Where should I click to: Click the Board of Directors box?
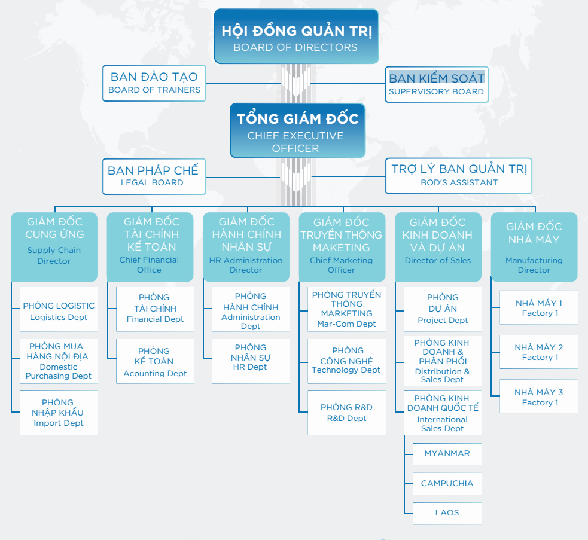296,36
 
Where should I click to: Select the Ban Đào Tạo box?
154,83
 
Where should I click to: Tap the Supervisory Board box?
437,84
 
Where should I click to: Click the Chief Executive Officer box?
297,130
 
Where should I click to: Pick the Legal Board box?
154,176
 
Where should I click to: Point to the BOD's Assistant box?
459,176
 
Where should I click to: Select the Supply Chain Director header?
54,247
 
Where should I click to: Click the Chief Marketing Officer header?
342,247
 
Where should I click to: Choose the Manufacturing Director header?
534,247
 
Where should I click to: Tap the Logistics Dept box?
59,309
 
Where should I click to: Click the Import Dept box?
59,413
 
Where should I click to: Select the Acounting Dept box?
156,361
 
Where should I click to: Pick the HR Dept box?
251,361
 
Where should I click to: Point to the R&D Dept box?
346,413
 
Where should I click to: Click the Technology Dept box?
346,361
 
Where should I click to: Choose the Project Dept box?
443,309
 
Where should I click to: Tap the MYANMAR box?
447,454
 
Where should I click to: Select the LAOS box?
447,513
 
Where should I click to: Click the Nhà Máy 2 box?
538,352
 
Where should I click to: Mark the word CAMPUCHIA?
447,483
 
